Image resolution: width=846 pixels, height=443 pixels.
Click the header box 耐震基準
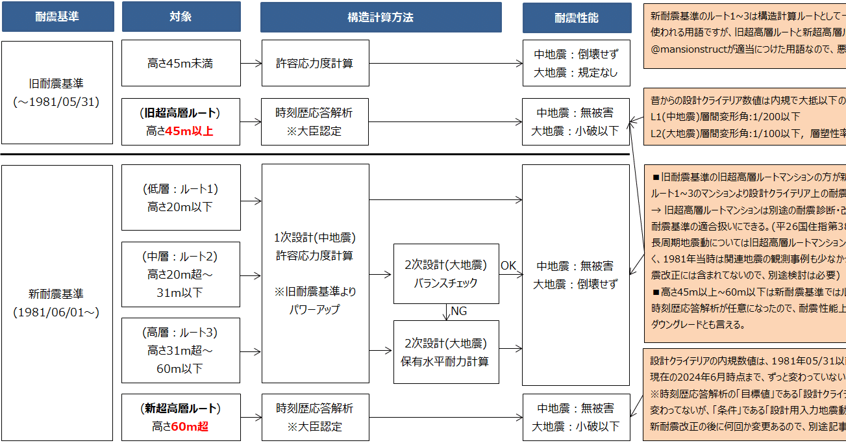pos(57,18)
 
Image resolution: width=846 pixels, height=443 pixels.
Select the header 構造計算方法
pos(380,18)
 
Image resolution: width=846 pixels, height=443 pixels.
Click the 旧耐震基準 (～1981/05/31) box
pos(56,93)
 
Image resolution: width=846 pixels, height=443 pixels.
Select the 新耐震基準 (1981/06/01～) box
pos(56,303)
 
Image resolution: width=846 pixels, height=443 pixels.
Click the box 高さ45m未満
pos(180,64)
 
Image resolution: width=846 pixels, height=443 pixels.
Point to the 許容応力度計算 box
pos(315,64)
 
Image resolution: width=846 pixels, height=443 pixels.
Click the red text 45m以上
pos(189,131)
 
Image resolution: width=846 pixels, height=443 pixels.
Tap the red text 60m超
pos(190,427)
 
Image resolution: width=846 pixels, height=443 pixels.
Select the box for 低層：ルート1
pos(180,197)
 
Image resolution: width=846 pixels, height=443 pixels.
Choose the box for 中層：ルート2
pos(180,274)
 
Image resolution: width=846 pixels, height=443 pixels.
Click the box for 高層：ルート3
pos(180,350)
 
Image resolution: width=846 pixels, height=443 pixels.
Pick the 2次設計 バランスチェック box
pos(445,273)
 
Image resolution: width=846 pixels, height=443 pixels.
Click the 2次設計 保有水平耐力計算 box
pos(445,351)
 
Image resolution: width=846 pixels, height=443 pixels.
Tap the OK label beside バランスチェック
pos(508,266)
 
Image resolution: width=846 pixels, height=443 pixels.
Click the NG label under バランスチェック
pos(459,312)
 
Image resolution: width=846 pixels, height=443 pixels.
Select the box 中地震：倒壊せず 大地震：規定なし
pos(576,64)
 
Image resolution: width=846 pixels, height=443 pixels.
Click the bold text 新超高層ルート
pos(180,409)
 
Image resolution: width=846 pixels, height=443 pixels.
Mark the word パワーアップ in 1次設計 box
pos(315,310)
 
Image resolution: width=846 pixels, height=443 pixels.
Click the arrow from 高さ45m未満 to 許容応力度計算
pos(251,64)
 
